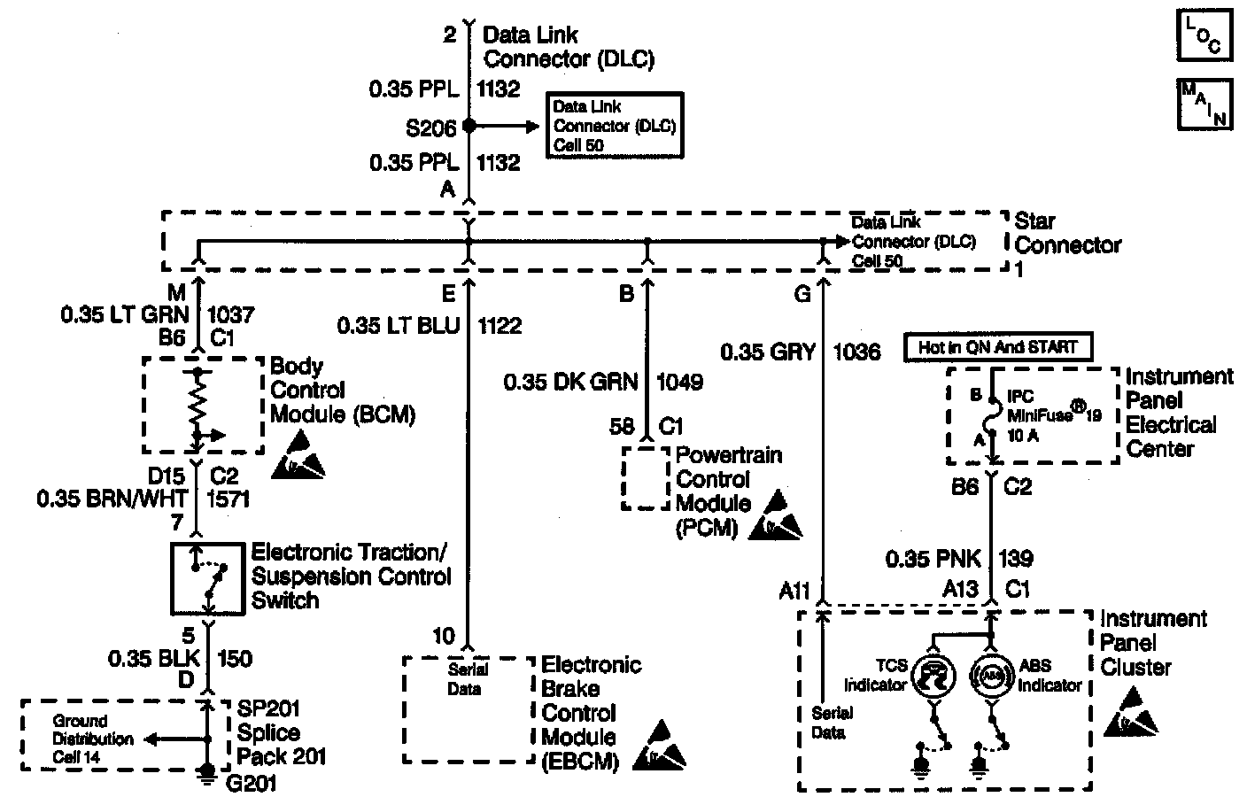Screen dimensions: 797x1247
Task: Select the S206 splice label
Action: pos(431,128)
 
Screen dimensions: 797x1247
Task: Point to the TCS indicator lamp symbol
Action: pos(932,677)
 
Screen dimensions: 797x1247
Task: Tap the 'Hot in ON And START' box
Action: pos(996,348)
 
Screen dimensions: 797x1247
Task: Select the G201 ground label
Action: pos(252,782)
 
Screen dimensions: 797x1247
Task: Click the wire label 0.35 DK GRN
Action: pos(570,382)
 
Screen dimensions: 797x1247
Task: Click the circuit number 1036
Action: pos(856,352)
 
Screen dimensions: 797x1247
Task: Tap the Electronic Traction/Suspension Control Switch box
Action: pos(209,577)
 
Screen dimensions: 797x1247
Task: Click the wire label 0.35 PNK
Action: pos(933,559)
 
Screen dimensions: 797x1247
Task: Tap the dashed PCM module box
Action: pos(645,478)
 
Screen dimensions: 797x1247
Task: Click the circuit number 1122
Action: pos(500,326)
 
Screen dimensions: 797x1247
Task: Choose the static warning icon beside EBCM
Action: pos(659,747)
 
